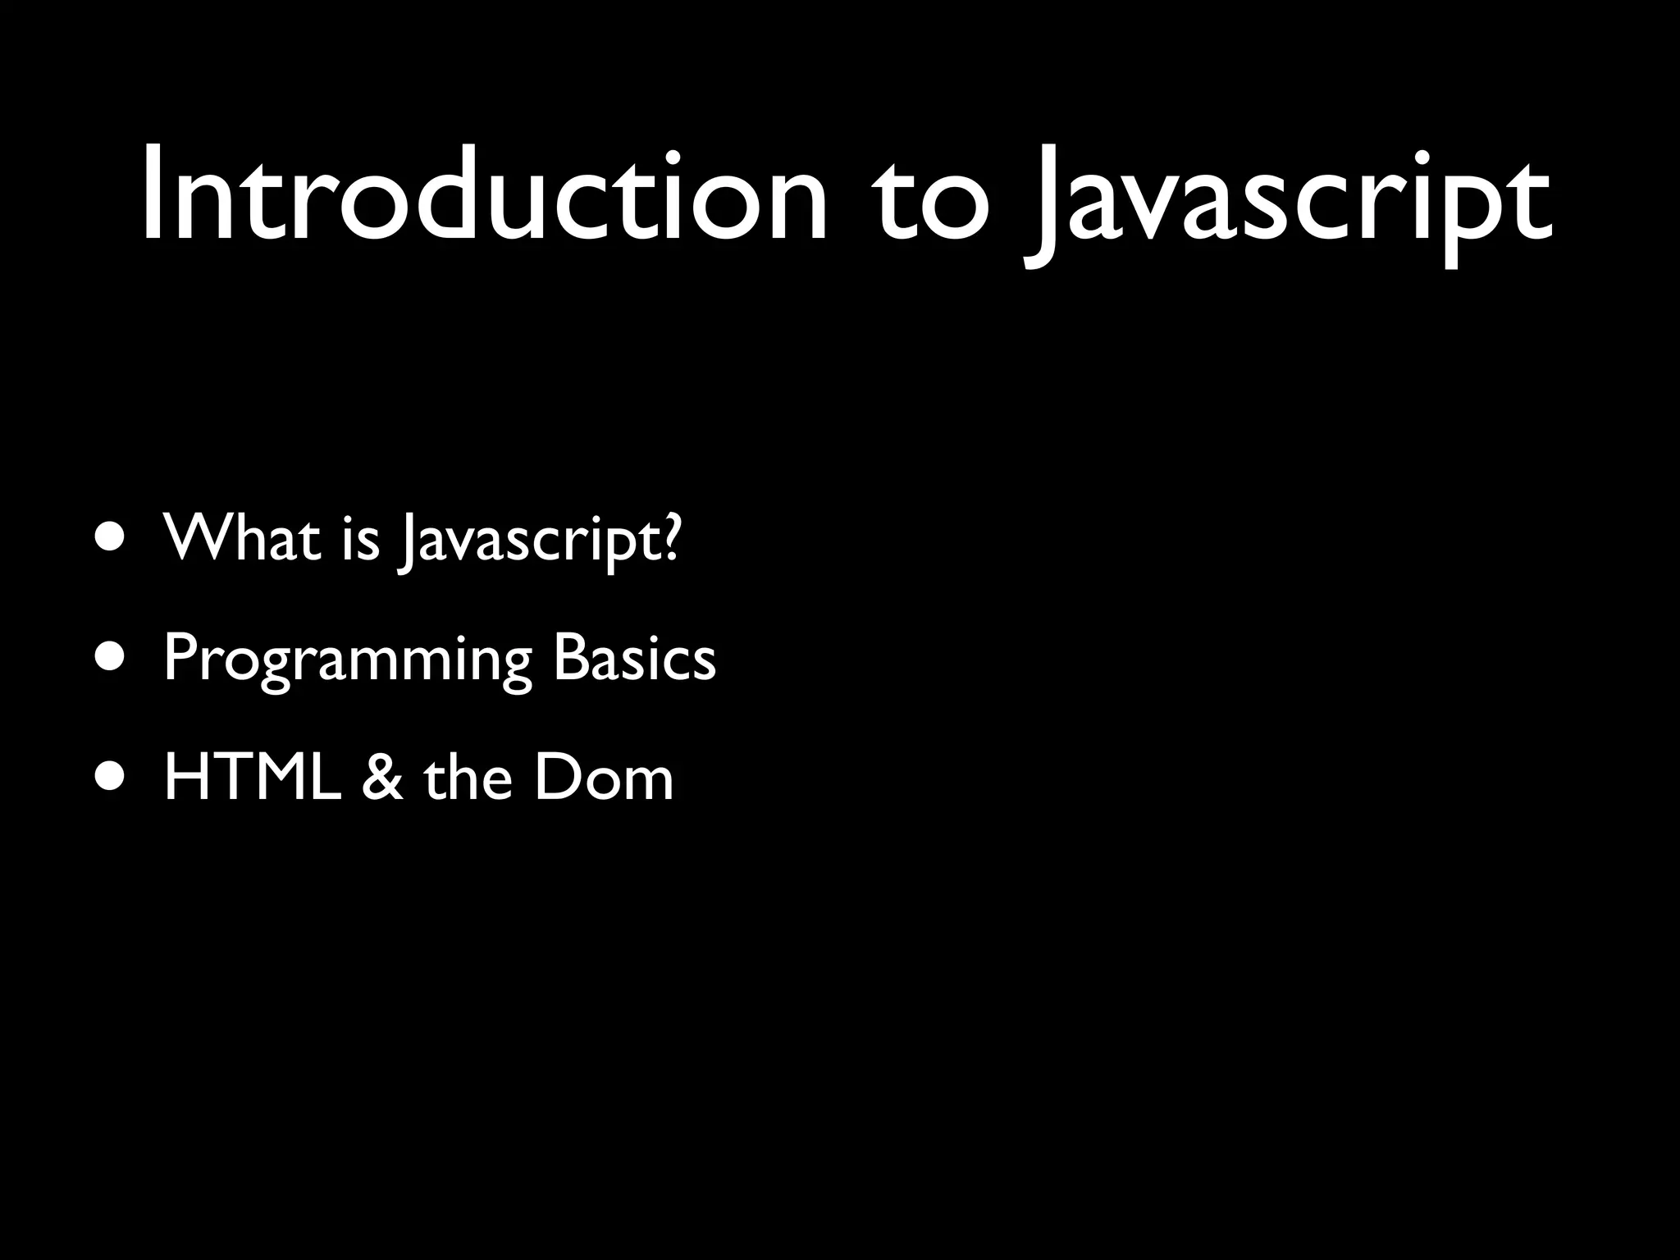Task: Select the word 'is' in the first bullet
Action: pos(361,541)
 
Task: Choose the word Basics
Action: pos(634,658)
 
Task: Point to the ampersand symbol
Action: pos(382,778)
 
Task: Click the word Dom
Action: pos(604,778)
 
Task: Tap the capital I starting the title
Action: pos(151,197)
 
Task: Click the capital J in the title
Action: pos(1039,209)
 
